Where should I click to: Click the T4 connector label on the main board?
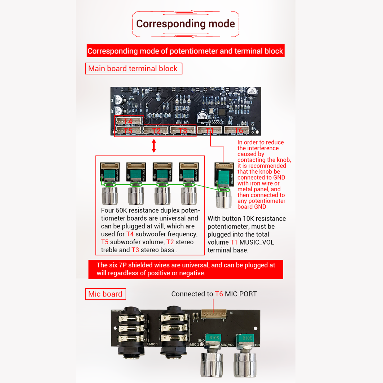tap(129, 121)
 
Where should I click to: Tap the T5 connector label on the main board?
tap(129, 130)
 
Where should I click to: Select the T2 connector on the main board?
tap(156, 130)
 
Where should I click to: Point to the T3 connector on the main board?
tap(183, 130)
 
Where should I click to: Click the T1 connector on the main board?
tap(210, 130)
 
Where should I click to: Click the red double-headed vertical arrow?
tap(154, 146)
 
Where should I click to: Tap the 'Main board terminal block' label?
tap(133, 69)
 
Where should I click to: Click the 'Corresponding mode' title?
tap(185, 24)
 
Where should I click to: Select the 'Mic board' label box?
tap(105, 294)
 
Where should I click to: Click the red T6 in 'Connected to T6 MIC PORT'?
tap(219, 294)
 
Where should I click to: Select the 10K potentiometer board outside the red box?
tap(224, 175)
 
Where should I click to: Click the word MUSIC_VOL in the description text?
tap(257, 242)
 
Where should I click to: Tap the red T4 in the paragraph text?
tap(130, 234)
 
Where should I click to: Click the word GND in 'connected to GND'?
tap(279, 178)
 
